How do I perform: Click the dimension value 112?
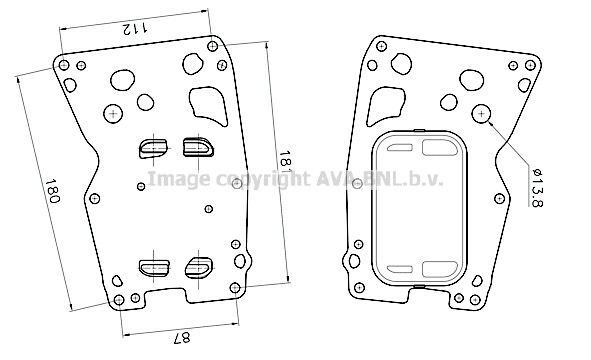coord(135,28)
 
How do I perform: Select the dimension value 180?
coord(52,191)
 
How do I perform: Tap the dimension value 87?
coord(182,338)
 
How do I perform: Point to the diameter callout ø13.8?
coord(537,188)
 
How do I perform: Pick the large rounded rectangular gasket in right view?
coord(420,208)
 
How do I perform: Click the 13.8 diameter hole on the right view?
coord(481,113)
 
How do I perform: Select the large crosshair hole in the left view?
coord(113,113)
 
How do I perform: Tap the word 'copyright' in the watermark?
coord(262,179)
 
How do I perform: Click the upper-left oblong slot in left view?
coord(153,148)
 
